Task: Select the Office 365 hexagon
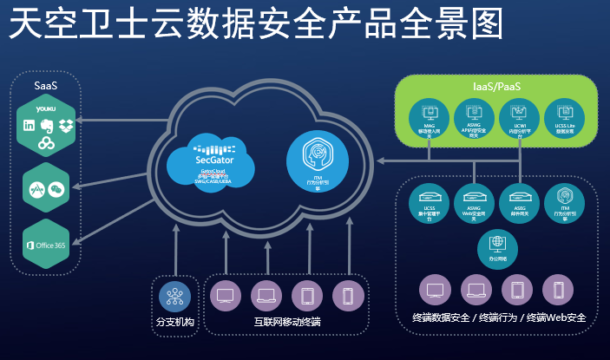click(x=46, y=243)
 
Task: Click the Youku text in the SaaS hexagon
click(x=47, y=108)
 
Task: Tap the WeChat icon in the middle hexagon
click(x=56, y=187)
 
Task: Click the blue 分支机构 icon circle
click(x=174, y=297)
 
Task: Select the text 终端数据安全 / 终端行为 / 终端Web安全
click(x=498, y=318)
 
